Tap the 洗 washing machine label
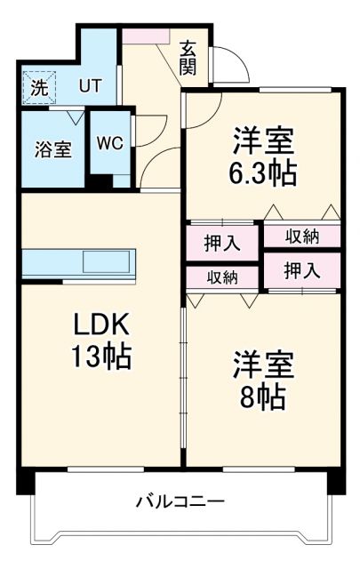point(38,88)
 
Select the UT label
point(89,86)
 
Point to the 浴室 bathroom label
point(52,148)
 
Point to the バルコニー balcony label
point(180,501)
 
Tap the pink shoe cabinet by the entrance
point(145,36)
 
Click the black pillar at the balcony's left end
point(25,482)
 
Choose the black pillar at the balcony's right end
point(334,482)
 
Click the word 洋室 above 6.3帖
point(264,140)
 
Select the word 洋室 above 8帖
point(264,365)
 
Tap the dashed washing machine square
point(38,87)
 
